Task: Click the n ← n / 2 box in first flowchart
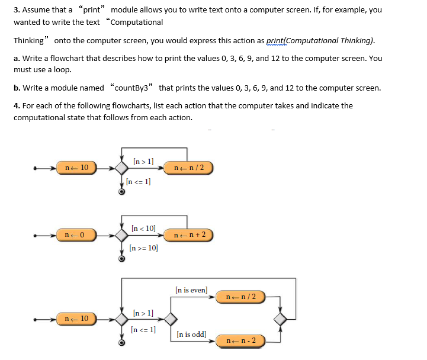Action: pyautogui.click(x=189, y=168)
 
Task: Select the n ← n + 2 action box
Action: pyautogui.click(x=189, y=235)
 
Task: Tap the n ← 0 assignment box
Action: pyautogui.click(x=76, y=235)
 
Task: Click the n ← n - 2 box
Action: pyautogui.click(x=240, y=340)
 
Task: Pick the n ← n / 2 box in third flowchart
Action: pyautogui.click(x=240, y=296)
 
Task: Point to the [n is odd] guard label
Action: pyautogui.click(x=191, y=335)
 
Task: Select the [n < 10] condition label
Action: pyautogui.click(x=143, y=228)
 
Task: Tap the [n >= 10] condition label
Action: pyautogui.click(x=143, y=248)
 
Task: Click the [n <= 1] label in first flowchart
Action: pyautogui.click(x=139, y=182)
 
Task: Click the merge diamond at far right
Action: pyautogui.click(x=280, y=319)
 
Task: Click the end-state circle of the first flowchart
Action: pyautogui.click(x=121, y=191)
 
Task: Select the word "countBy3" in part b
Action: pyautogui.click(x=132, y=88)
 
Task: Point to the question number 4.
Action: pyautogui.click(x=16, y=106)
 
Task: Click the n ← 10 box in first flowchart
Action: pyautogui.click(x=76, y=168)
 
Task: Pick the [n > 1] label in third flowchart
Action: pyautogui.click(x=143, y=312)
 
